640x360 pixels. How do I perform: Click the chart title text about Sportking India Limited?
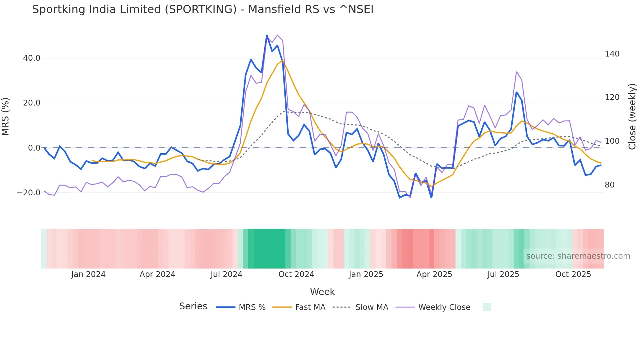pyautogui.click(x=202, y=9)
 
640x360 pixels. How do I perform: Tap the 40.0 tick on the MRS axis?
pyautogui.click(x=32, y=58)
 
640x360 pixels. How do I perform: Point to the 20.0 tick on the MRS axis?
pyautogui.click(x=32, y=103)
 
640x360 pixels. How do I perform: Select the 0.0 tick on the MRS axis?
pyautogui.click(x=34, y=148)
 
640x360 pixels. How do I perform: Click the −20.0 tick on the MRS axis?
pyautogui.click(x=29, y=193)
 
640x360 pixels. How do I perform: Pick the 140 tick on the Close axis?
pyautogui.click(x=612, y=54)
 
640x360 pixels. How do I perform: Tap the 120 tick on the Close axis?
pyautogui.click(x=612, y=97)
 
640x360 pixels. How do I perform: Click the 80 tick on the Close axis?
pyautogui.click(x=610, y=185)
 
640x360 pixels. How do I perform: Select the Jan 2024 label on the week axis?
pyautogui.click(x=88, y=274)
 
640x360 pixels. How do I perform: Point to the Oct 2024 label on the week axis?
pyautogui.click(x=296, y=274)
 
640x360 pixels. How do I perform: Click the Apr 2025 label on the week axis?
pyautogui.click(x=434, y=274)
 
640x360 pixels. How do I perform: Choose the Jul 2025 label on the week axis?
pyautogui.click(x=503, y=274)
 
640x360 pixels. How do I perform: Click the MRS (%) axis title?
pyautogui.click(x=6, y=116)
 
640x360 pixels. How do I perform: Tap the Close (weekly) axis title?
pyautogui.click(x=632, y=117)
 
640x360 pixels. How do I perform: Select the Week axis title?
pyautogui.click(x=322, y=292)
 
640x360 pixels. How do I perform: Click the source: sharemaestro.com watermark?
pyautogui.click(x=578, y=256)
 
